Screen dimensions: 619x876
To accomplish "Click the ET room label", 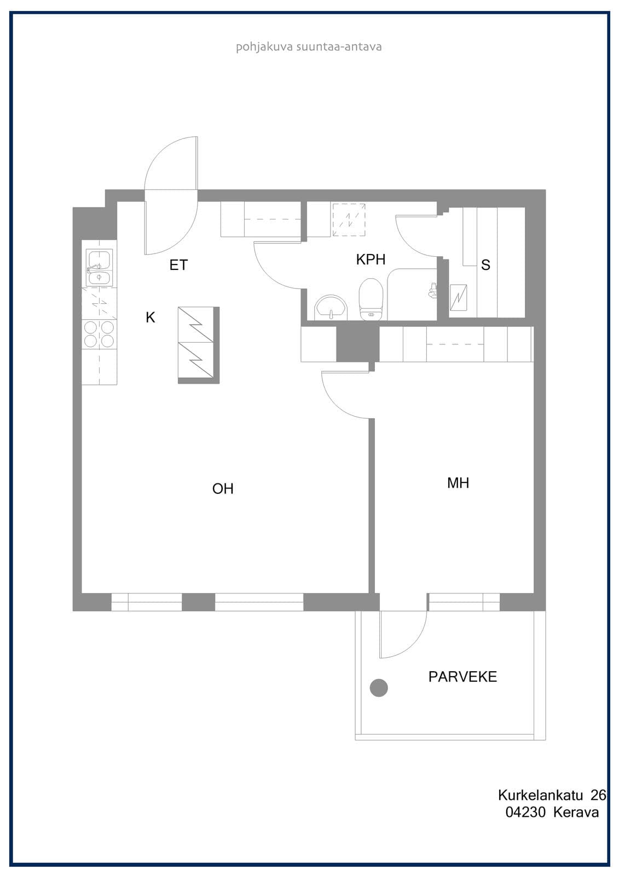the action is (179, 265).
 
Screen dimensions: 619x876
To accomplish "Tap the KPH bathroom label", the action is (371, 260).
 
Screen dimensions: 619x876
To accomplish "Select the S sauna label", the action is (485, 265).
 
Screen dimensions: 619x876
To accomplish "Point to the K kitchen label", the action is (151, 317).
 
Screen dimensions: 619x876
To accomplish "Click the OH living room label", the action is (223, 488).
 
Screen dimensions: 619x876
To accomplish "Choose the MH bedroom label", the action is (458, 483).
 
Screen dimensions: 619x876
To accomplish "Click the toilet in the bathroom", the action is (371, 299).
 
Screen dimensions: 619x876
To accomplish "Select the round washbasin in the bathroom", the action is (331, 307).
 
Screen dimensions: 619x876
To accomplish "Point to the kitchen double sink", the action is (99, 268).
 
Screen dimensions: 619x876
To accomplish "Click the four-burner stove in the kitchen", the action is (99, 334).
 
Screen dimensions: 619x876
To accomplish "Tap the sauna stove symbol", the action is (458, 298).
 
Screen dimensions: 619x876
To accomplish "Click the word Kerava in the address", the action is (576, 812).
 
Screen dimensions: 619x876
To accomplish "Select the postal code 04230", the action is (525, 812).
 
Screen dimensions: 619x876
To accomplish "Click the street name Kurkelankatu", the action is (540, 795).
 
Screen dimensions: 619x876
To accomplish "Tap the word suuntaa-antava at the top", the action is (339, 47).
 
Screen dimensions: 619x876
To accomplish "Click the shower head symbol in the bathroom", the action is (432, 290).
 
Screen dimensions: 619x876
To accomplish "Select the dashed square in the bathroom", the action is (349, 220).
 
